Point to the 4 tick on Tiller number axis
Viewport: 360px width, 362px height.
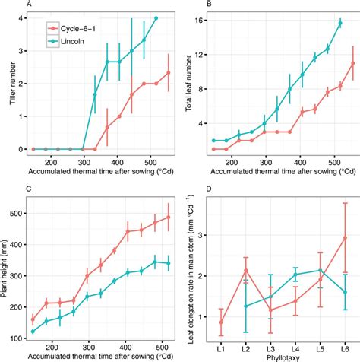coord(21,18)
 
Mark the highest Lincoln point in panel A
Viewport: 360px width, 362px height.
coord(156,18)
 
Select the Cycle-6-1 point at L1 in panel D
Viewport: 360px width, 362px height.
coord(220,322)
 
